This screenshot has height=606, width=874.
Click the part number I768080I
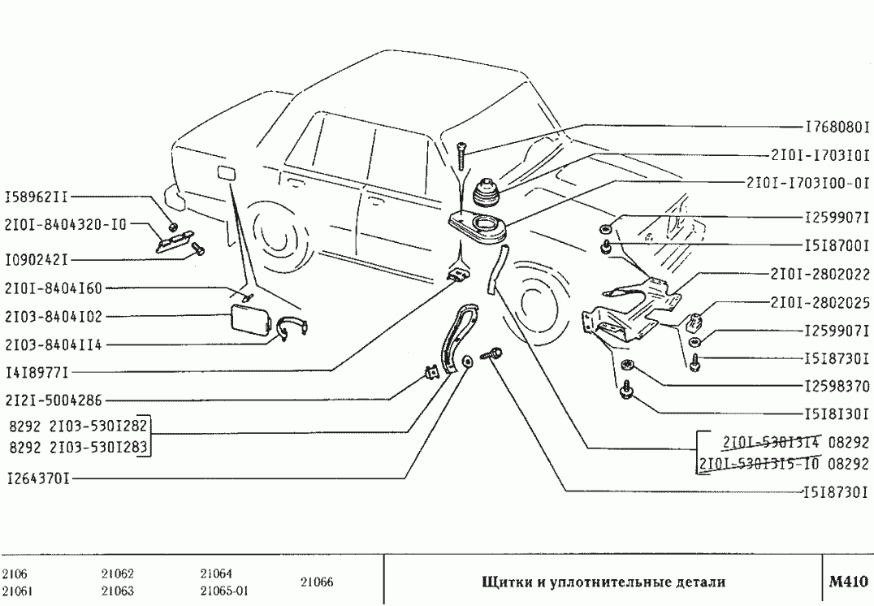pos(837,128)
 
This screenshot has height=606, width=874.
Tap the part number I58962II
pos(37,197)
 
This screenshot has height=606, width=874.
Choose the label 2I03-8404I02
pos(54,317)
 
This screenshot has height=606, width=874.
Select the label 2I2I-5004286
pos(54,400)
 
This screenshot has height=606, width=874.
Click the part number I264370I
pos(37,478)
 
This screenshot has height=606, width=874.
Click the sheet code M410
pos(849,582)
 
